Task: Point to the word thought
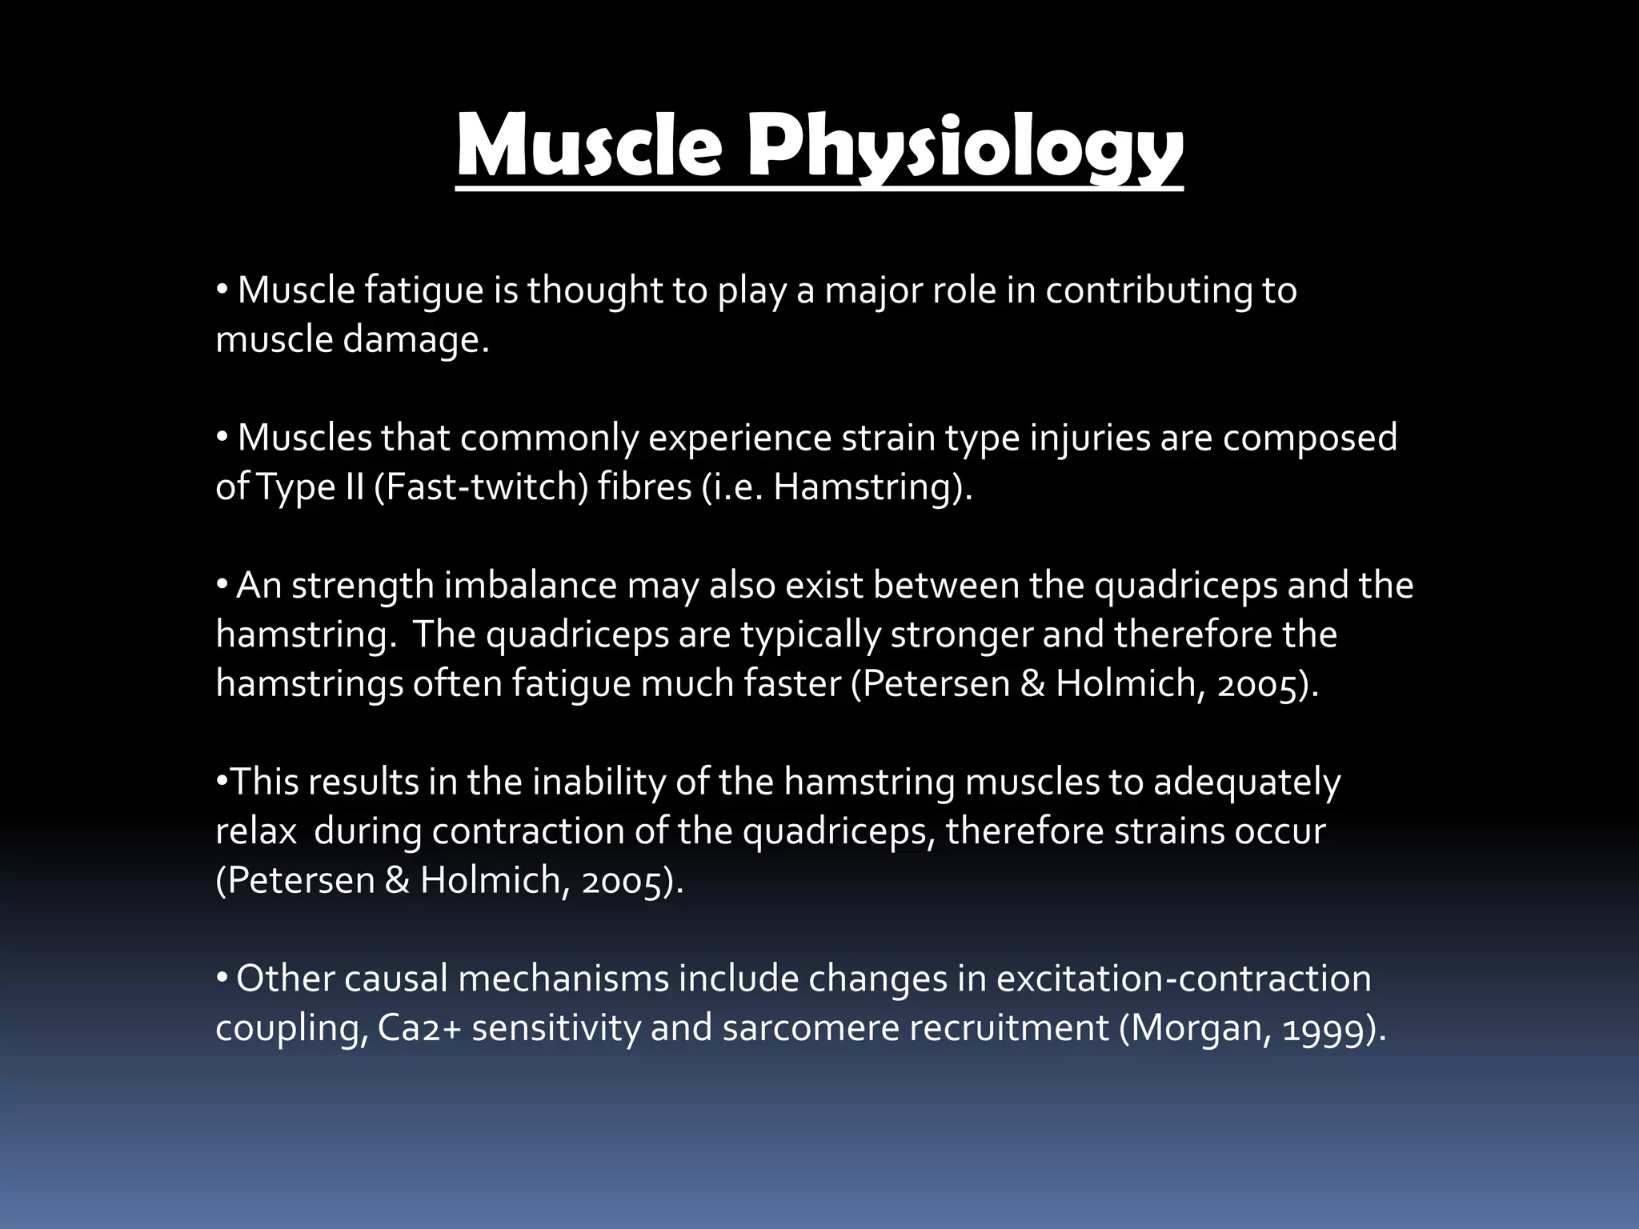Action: pyautogui.click(x=595, y=290)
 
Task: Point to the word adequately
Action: pyautogui.click(x=1247, y=782)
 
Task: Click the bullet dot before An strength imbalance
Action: pyautogui.click(x=222, y=585)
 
